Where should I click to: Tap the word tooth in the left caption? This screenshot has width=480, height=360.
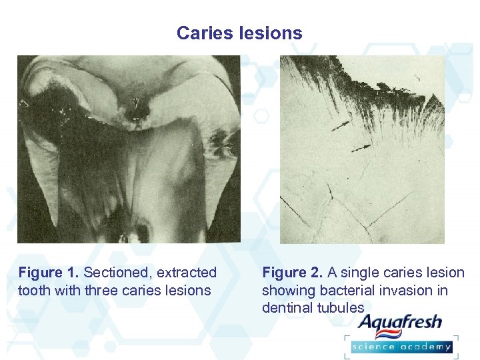pos(33,291)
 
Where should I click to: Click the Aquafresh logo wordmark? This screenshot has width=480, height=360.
pos(400,324)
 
